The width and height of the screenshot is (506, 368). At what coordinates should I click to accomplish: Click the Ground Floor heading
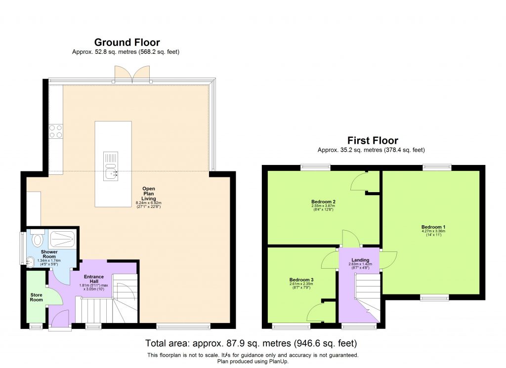[x=126, y=42]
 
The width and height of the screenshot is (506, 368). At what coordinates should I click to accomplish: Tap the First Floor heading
[x=373, y=141]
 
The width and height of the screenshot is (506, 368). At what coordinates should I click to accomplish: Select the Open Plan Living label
[x=149, y=194]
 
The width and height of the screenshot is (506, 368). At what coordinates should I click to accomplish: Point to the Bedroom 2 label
[x=323, y=202]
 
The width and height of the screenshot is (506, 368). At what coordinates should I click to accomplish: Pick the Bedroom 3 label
[x=301, y=280]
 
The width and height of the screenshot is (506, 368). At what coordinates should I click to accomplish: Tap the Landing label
[x=359, y=260]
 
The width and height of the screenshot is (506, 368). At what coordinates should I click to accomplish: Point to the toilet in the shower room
[x=37, y=240]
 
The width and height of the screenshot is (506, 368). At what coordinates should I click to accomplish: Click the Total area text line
[x=251, y=343]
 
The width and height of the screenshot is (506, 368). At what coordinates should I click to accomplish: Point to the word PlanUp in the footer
[x=280, y=361]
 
